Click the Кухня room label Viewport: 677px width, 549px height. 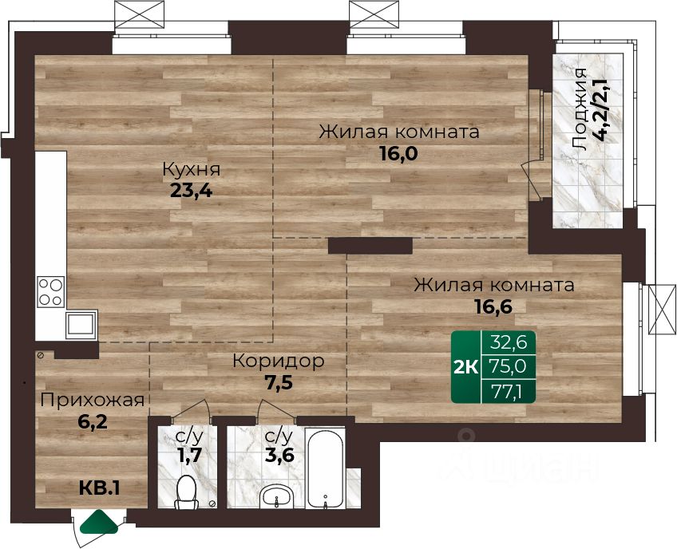[x=192, y=169]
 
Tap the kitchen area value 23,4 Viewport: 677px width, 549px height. [x=192, y=190]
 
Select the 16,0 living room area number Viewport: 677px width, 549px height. [x=398, y=152]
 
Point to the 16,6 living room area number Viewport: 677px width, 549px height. [x=493, y=306]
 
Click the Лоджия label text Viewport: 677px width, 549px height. [x=579, y=109]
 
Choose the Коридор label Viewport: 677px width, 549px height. [x=278, y=361]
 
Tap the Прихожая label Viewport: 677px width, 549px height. [x=92, y=401]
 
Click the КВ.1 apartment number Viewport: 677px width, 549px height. [x=99, y=488]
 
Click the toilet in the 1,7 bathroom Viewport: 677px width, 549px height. [x=187, y=492]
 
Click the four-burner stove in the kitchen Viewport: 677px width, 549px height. [x=51, y=291]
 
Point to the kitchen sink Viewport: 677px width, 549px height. [x=81, y=324]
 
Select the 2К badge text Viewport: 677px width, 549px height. [x=466, y=367]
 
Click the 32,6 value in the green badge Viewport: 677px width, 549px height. [x=509, y=342]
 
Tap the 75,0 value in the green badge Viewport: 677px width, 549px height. [x=509, y=367]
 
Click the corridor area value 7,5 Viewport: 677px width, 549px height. [x=278, y=381]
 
